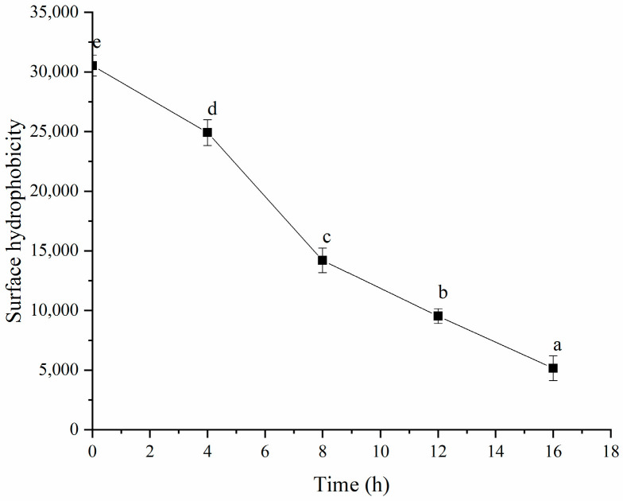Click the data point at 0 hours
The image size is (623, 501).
tap(93, 66)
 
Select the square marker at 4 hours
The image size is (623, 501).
tap(207, 132)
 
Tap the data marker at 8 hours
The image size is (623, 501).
tap(323, 260)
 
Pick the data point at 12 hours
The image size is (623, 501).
tap(438, 316)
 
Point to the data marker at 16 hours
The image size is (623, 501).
tap(553, 368)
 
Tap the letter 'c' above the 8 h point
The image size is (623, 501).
tap(325, 237)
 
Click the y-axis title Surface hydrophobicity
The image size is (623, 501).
tap(15, 220)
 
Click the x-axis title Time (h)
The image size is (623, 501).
tap(350, 482)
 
